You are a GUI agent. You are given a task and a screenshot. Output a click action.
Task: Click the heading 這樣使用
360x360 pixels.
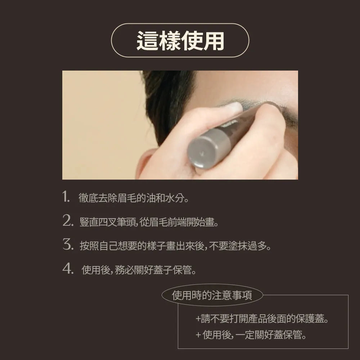pos(180,41)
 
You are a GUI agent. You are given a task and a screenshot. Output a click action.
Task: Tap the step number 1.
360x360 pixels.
pos(66,197)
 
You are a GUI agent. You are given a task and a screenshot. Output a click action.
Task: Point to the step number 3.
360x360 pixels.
pos(68,244)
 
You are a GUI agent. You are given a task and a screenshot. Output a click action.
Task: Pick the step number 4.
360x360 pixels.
pos(68,268)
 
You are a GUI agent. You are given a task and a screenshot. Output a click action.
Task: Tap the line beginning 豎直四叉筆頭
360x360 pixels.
pos(149,222)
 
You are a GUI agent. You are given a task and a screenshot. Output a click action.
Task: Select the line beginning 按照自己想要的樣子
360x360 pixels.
pos(175,246)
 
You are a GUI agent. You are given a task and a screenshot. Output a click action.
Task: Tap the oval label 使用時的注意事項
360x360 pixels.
pos(212,295)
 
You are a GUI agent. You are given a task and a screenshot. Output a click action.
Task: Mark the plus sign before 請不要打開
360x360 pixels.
pos(198,319)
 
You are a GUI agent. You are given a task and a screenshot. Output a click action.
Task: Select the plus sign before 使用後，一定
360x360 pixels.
pos(198,335)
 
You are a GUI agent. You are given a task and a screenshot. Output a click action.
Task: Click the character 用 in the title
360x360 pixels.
pos(214,41)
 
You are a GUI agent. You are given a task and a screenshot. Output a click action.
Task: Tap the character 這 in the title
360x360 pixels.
pos(147,41)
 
